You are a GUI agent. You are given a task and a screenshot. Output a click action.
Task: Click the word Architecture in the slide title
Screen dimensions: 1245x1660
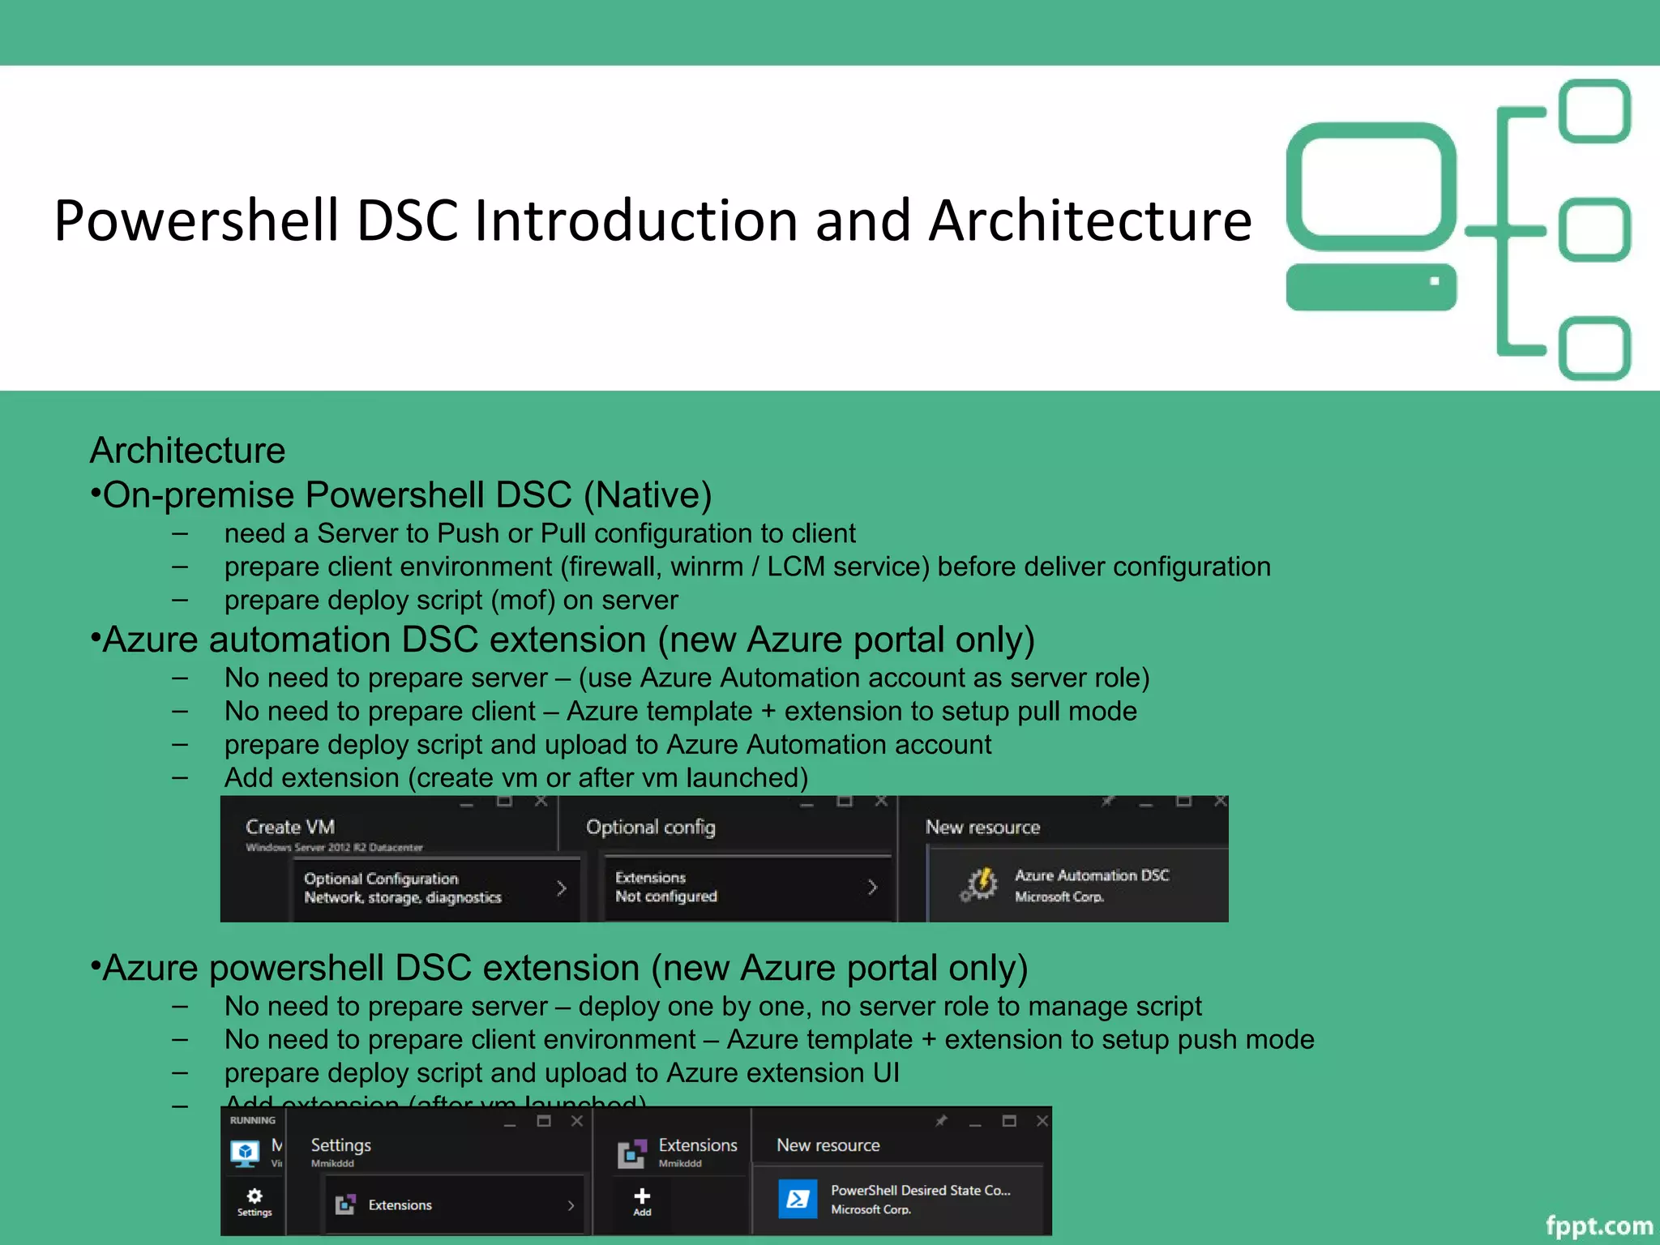pos(1089,220)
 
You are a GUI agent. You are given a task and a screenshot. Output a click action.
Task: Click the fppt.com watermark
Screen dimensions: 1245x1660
pos(1598,1226)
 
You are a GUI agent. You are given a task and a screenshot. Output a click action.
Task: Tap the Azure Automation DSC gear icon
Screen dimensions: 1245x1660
pos(980,884)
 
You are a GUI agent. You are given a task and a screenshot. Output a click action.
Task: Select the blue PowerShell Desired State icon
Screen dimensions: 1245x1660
pos(798,1199)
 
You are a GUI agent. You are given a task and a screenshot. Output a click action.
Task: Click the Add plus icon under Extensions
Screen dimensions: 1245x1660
pos(642,1197)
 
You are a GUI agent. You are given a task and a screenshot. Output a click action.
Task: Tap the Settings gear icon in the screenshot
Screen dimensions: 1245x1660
pos(255,1197)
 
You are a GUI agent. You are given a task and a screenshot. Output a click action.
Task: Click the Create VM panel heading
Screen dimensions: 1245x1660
pos(290,827)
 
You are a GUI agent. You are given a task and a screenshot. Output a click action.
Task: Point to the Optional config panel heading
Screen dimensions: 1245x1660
pos(650,827)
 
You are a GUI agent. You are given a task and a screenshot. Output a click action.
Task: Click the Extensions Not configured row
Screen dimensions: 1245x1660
pos(746,887)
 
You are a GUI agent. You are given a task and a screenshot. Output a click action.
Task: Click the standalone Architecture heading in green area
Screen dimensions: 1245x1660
pos(187,450)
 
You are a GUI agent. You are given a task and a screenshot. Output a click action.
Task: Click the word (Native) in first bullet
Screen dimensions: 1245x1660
pos(648,494)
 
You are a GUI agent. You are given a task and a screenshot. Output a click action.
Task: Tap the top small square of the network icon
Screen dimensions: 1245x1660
pos(1594,111)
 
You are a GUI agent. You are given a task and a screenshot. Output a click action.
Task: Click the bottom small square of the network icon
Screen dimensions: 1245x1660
pos(1594,349)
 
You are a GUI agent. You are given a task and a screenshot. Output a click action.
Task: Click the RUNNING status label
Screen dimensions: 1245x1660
pos(252,1120)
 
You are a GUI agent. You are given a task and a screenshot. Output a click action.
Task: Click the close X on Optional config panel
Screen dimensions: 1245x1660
pos(881,802)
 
